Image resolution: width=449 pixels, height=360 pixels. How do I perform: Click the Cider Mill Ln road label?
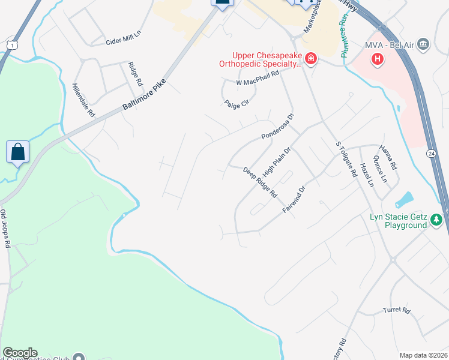pyautogui.click(x=122, y=42)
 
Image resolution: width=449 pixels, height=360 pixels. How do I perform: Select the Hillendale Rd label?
pyautogui.click(x=83, y=100)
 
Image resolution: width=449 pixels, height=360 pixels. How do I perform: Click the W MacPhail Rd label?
pyautogui.click(x=258, y=78)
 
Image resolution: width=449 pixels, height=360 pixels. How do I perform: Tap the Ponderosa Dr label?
pyautogui.click(x=278, y=127)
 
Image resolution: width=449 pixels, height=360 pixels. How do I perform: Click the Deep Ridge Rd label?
pyautogui.click(x=260, y=183)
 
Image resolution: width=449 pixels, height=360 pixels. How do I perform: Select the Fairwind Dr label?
pyautogui.click(x=294, y=200)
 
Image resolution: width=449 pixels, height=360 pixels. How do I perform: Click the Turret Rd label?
pyautogui.click(x=396, y=311)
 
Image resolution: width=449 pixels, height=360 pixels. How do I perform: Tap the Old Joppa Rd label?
pyautogui.click(x=5, y=229)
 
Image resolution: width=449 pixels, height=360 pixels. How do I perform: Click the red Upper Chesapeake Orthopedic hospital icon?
pyautogui.click(x=311, y=58)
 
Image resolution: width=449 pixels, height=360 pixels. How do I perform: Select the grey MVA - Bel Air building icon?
pyautogui.click(x=424, y=44)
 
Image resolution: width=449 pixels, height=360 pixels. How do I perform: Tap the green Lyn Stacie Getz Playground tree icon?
pyautogui.click(x=437, y=220)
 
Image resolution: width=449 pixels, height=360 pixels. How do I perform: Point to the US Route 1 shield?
pyautogui.click(x=11, y=45)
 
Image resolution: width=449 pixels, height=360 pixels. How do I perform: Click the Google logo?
pyautogui.click(x=19, y=353)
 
